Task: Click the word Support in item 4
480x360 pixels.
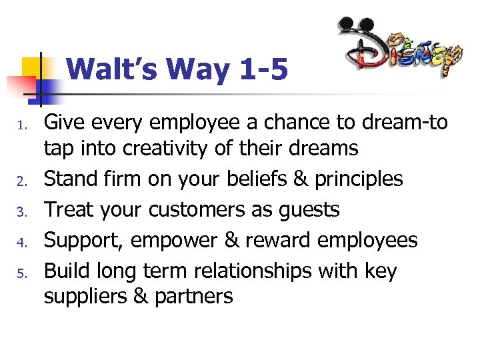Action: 84,240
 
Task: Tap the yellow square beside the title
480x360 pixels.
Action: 31,67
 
